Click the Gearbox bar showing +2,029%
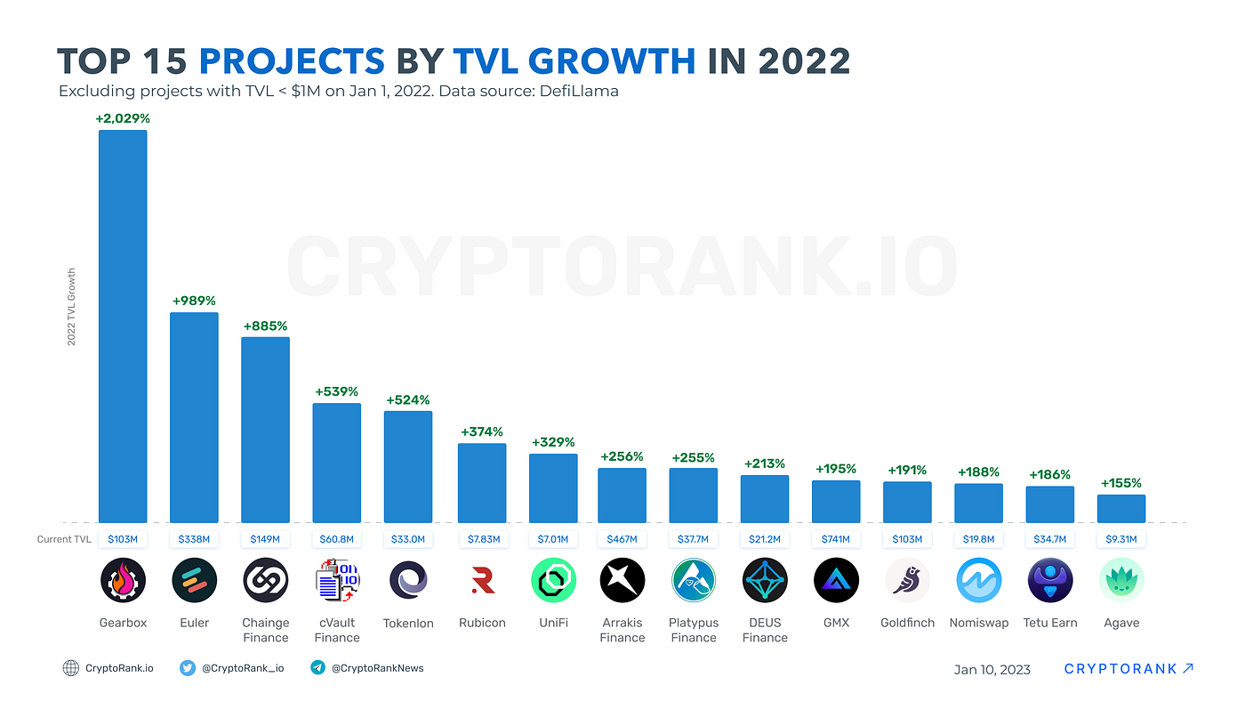pyautogui.click(x=123, y=326)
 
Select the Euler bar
pyautogui.click(x=194, y=417)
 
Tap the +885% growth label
pyautogui.click(x=265, y=326)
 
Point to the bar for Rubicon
pyautogui.click(x=482, y=483)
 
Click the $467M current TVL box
pyautogui.click(x=622, y=539)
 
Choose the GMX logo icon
pyautogui.click(x=836, y=581)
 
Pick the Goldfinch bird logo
pyautogui.click(x=907, y=581)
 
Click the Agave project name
pyautogui.click(x=1121, y=623)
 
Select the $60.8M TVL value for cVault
pyautogui.click(x=336, y=539)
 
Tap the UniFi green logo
pyautogui.click(x=553, y=581)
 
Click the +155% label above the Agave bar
pyautogui.click(x=1121, y=483)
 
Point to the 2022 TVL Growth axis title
pyautogui.click(x=72, y=307)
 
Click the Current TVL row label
pyautogui.click(x=64, y=539)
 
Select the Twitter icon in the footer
pyautogui.click(x=188, y=668)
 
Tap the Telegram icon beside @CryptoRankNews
pyautogui.click(x=317, y=668)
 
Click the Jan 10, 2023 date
pyautogui.click(x=992, y=669)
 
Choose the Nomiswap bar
pyautogui.click(x=978, y=503)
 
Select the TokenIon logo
pyautogui.click(x=409, y=581)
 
